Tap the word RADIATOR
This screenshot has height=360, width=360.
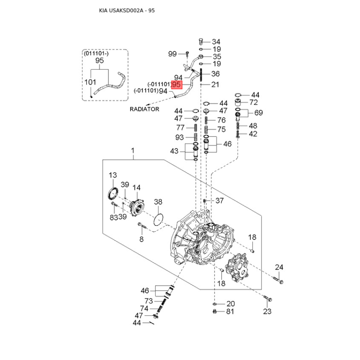(144, 109)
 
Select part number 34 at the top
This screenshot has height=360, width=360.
(216, 41)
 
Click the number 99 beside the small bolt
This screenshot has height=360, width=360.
(173, 54)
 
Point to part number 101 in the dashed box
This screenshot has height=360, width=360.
(91, 82)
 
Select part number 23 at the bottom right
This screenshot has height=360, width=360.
(267, 311)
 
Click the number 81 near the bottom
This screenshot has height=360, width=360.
(230, 311)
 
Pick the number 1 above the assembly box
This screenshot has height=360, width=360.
(133, 150)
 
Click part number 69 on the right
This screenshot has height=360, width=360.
(259, 112)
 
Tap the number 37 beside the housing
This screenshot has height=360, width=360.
(219, 201)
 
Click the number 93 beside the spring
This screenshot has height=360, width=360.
(180, 137)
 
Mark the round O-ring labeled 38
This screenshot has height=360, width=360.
(157, 221)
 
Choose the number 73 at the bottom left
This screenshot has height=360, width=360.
(148, 301)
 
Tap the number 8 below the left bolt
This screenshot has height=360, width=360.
(141, 239)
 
